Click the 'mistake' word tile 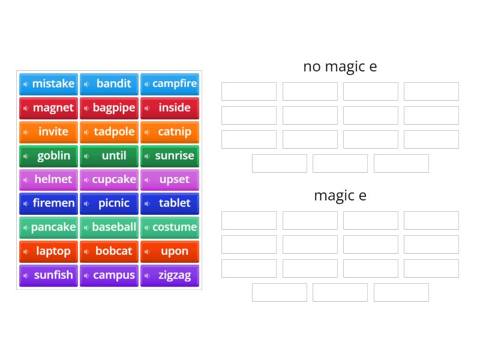click(x=49, y=84)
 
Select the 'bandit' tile click(x=109, y=84)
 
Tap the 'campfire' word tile click(x=170, y=84)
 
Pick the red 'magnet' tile click(x=49, y=108)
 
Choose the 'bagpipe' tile click(x=109, y=108)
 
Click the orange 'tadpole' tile click(x=109, y=132)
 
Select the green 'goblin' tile click(x=49, y=156)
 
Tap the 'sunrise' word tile click(x=170, y=156)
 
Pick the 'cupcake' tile click(x=109, y=179)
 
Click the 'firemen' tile click(x=49, y=203)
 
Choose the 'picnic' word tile click(x=109, y=203)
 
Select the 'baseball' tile click(x=109, y=227)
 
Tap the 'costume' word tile click(x=170, y=227)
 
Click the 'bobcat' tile click(x=109, y=251)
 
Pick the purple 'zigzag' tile click(x=170, y=275)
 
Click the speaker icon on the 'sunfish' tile click(x=26, y=276)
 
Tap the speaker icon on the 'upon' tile click(x=147, y=252)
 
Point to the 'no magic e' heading click(x=340, y=66)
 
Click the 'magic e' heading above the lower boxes click(x=340, y=195)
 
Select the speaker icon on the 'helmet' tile click(x=26, y=180)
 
